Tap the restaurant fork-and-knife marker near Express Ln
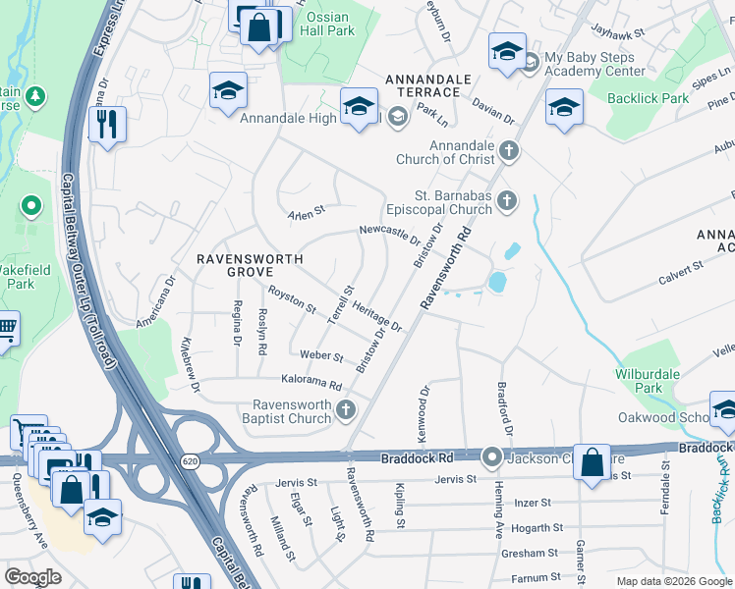106,125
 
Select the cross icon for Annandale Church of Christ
508,150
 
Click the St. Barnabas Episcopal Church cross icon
506,201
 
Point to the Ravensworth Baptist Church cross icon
345,410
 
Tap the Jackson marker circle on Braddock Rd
491,457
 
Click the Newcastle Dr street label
390,232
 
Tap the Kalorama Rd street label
311,385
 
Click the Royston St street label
292,300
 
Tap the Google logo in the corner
32,577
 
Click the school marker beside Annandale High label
360,106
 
